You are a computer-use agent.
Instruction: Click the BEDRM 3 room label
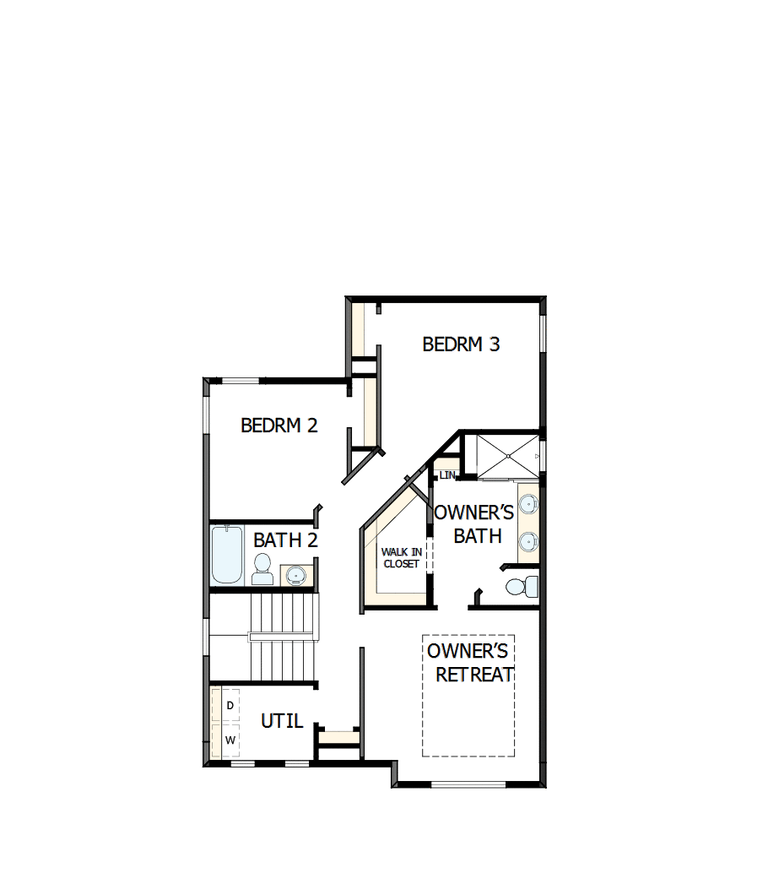461,344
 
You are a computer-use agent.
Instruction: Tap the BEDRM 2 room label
279,426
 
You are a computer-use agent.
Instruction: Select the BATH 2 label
285,540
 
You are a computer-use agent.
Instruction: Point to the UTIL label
281,721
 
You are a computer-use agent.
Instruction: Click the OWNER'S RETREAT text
469,663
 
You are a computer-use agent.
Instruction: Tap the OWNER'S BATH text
474,524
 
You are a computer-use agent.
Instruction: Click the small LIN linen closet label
446,475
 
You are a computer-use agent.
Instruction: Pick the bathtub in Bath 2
227,555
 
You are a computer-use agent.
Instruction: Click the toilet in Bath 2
262,568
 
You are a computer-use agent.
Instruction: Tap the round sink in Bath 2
295,576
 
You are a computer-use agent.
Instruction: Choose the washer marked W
229,740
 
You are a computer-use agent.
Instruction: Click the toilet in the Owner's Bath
521,585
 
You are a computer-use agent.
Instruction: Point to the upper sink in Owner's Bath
528,505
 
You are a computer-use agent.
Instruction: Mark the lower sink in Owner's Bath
528,541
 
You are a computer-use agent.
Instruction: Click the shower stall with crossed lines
507,457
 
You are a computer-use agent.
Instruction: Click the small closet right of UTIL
339,737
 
